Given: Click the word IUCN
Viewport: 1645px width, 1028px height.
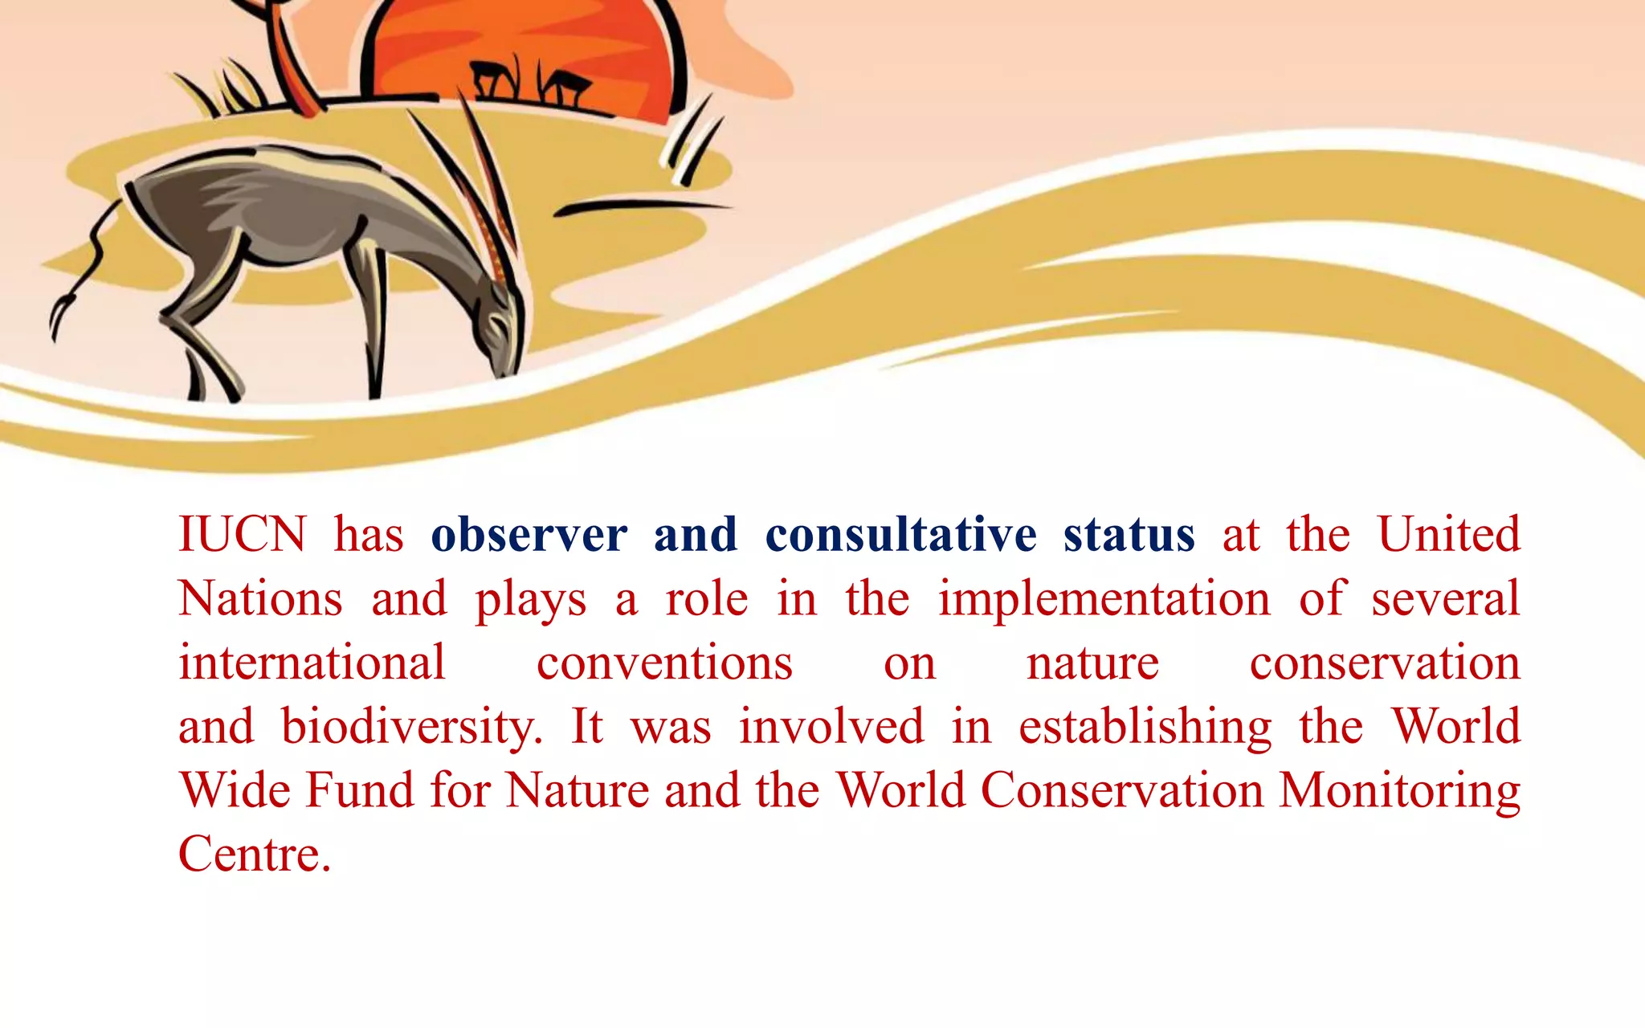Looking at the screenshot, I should tap(242, 534).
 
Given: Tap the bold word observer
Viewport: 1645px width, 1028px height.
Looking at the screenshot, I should tap(529, 536).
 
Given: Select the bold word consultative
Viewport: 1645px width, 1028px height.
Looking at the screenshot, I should tap(900, 536).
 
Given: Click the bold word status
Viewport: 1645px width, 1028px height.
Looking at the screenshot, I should tap(1129, 536).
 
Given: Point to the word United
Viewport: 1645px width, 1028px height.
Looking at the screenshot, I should tap(1448, 534).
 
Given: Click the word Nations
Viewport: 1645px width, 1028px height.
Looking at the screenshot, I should tap(260, 599).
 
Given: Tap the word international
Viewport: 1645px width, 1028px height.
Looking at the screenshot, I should tap(312, 663).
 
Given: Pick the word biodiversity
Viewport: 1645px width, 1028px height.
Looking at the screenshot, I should tap(411, 728).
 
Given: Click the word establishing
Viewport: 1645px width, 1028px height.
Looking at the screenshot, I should tap(1145, 728).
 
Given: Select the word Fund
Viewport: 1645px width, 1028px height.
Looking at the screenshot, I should tap(360, 790).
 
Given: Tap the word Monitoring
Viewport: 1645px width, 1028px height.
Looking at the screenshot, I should tap(1398, 792).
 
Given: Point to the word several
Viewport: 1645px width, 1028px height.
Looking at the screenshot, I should tap(1445, 599).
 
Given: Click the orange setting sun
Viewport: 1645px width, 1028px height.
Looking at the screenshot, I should tap(530, 48).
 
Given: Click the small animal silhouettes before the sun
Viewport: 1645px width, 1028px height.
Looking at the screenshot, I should tap(530, 84).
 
